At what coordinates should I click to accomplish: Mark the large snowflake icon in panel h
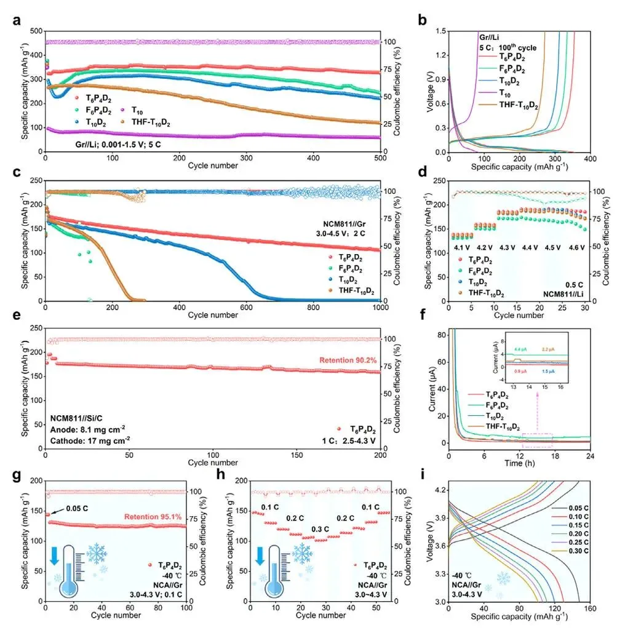tap(302, 553)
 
